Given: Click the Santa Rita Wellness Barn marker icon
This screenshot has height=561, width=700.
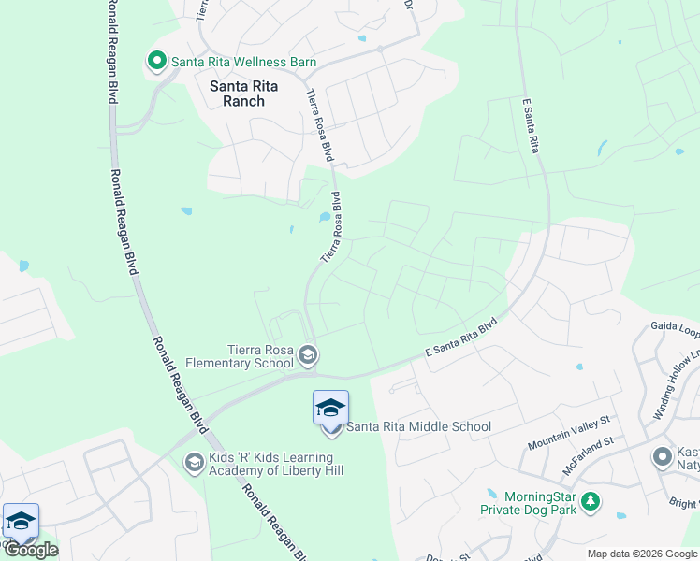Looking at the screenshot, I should click(157, 62).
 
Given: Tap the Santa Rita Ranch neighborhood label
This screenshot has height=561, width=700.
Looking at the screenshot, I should click(238, 93).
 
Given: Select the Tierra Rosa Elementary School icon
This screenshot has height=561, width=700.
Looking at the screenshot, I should click(309, 355).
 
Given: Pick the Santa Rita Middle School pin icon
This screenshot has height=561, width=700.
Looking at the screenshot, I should click(330, 409).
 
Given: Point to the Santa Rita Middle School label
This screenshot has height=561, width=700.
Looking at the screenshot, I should click(418, 427).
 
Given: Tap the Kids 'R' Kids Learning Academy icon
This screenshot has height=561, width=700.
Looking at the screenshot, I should click(194, 462).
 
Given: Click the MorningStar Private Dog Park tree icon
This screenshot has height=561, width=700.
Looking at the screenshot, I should click(590, 502).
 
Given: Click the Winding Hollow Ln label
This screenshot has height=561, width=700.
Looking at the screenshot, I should click(677, 384).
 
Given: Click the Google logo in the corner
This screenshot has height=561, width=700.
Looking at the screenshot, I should click(31, 550).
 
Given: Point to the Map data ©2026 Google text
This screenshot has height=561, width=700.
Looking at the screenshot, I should click(643, 554).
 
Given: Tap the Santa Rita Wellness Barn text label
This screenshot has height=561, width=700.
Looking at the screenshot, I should click(243, 62).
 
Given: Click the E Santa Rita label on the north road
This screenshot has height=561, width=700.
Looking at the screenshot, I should click(533, 125).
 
